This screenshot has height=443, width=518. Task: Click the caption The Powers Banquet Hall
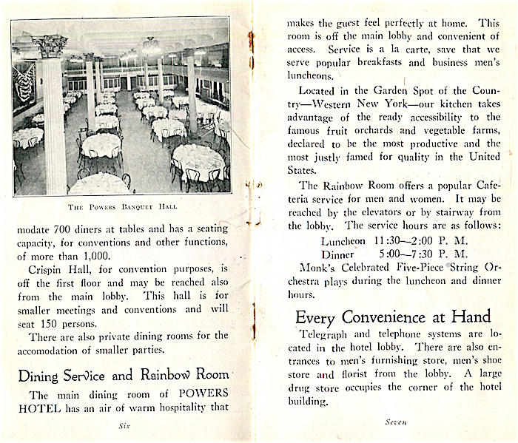tap(123, 206)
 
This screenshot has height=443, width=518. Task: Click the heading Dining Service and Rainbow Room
tap(123, 374)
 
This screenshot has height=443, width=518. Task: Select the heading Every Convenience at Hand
tap(392, 317)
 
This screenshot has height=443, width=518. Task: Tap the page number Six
tap(123, 426)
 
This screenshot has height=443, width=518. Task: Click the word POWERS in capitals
tap(201, 392)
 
